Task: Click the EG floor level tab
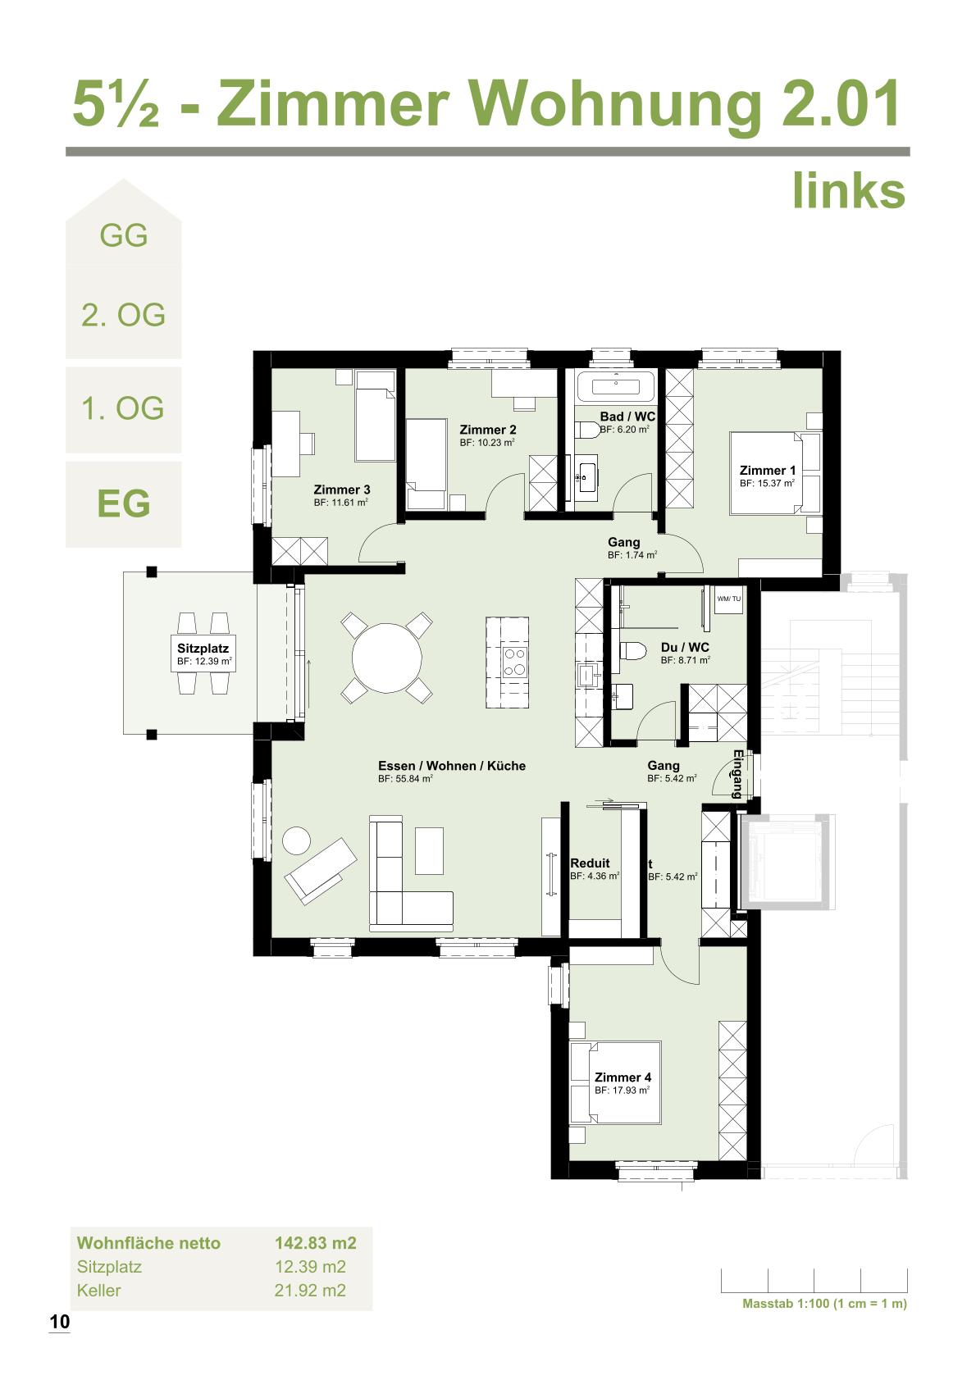click(x=123, y=503)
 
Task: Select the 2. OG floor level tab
click(x=123, y=315)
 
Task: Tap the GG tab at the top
click(x=123, y=235)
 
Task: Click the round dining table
click(x=387, y=658)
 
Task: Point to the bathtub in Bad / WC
click(x=615, y=385)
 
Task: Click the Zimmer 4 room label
click(x=623, y=1077)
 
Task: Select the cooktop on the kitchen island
click(x=515, y=662)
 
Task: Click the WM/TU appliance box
click(x=728, y=598)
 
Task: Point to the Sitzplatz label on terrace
click(x=203, y=649)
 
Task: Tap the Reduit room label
click(x=590, y=863)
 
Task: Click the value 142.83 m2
click(x=315, y=1243)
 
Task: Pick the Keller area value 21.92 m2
click(x=309, y=1291)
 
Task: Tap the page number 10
click(x=60, y=1322)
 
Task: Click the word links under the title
click(x=848, y=190)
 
